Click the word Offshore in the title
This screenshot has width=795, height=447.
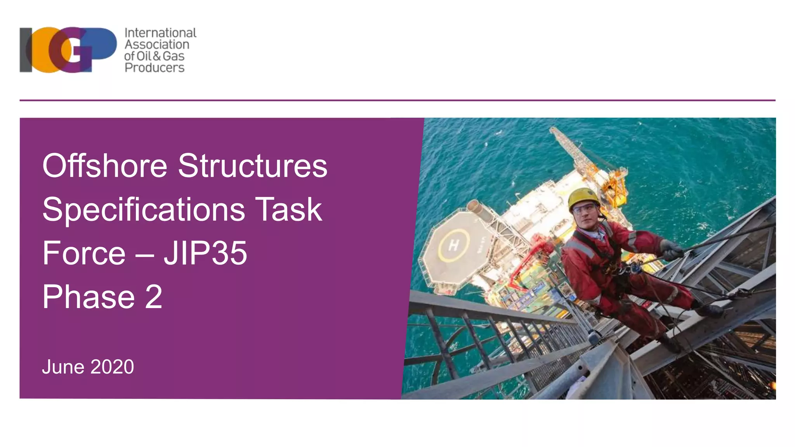[104, 166]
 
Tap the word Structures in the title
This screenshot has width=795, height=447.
[252, 166]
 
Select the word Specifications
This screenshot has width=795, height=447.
[144, 210]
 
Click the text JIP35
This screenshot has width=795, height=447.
[205, 253]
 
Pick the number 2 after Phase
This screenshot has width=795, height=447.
[154, 297]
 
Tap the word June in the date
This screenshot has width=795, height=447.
[63, 367]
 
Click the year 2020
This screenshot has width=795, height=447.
[112, 367]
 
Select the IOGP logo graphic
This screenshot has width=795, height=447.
[68, 50]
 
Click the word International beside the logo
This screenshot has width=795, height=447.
[160, 33]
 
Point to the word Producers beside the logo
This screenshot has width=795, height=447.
[154, 68]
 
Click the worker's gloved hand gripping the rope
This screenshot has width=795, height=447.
[671, 250]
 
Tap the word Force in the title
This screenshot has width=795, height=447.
[84, 253]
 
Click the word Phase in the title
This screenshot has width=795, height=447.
[89, 297]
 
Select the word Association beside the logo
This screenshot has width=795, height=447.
[157, 45]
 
